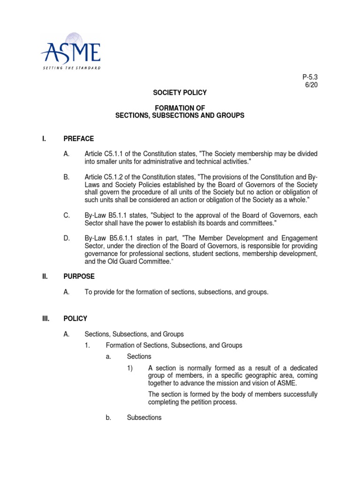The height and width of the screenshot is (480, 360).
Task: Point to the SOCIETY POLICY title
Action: tap(180, 93)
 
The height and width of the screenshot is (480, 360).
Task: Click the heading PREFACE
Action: tap(79, 139)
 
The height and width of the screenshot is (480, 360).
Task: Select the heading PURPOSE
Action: tap(79, 277)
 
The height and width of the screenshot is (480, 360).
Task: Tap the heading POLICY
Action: tap(75, 319)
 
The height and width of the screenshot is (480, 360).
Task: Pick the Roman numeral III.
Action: tap(45, 319)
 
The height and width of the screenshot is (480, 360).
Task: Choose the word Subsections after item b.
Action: tap(144, 417)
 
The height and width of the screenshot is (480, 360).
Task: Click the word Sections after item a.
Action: tap(139, 357)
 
